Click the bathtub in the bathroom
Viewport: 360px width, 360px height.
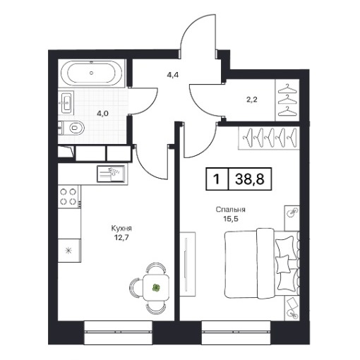tap(92, 73)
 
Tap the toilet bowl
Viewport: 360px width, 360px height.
tap(75, 128)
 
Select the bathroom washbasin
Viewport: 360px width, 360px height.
tap(66, 102)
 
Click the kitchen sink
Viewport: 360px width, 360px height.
tap(111, 174)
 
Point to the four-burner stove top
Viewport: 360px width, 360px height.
tap(68, 196)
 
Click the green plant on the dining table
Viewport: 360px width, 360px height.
tap(156, 287)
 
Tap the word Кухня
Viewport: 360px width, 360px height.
tap(121, 228)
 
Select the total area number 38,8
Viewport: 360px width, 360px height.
tap(250, 179)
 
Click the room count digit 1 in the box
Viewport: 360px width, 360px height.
tap(217, 179)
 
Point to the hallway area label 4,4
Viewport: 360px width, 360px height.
tap(173, 76)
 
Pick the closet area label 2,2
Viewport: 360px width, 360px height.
tap(252, 100)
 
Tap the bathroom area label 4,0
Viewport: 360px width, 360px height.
tap(103, 114)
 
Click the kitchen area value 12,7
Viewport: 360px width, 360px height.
tap(121, 237)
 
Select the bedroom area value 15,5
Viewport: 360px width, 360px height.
tap(231, 219)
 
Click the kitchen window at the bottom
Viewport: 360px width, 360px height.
tap(119, 332)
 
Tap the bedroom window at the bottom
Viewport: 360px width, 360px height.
tap(236, 332)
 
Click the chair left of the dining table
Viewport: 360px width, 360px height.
tap(136, 287)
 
